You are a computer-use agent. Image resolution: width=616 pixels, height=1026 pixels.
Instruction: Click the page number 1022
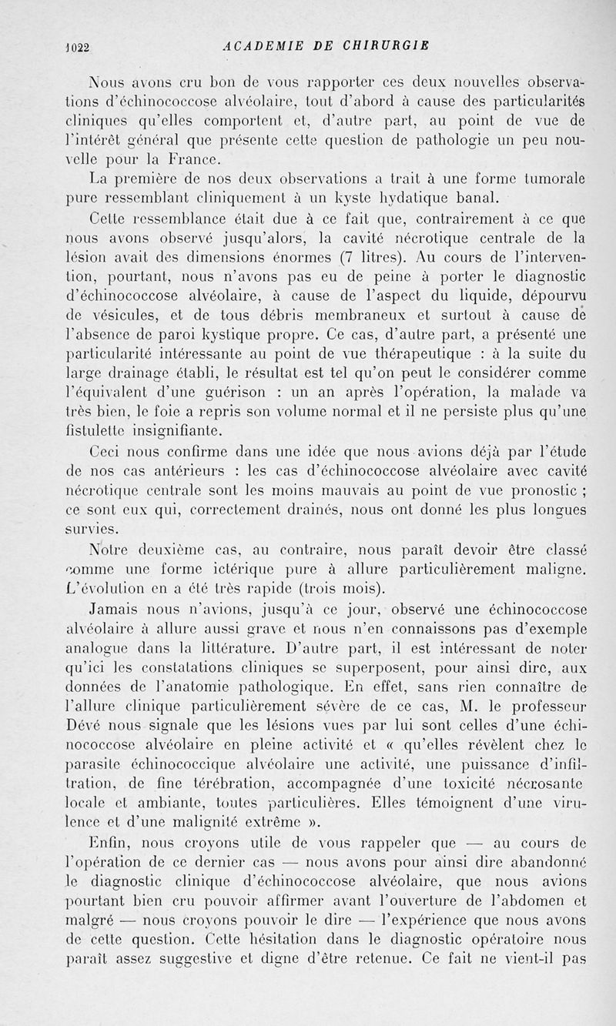pyautogui.click(x=78, y=45)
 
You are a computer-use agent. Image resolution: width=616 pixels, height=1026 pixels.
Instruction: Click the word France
pyautogui.click(x=189, y=159)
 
